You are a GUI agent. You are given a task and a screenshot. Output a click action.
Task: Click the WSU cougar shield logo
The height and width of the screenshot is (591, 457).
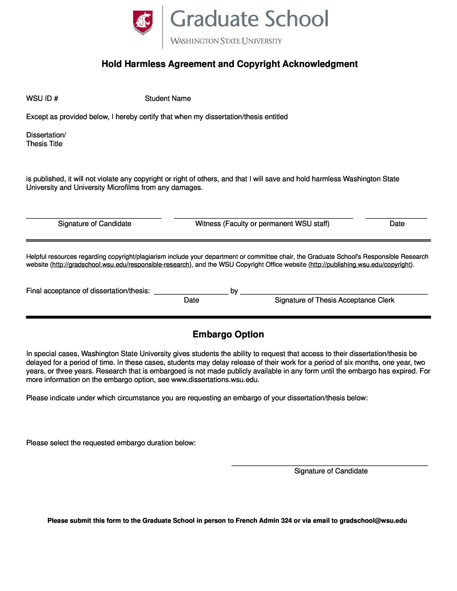[x=143, y=22]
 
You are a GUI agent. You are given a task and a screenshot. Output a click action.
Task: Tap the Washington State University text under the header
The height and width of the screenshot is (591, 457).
[x=226, y=41]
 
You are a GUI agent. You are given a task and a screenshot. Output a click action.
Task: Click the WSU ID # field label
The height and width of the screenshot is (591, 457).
[x=42, y=98]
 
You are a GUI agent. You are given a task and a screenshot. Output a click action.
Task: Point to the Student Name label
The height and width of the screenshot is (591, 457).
[x=167, y=98]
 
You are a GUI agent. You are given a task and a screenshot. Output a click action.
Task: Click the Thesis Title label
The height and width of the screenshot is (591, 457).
[x=44, y=144]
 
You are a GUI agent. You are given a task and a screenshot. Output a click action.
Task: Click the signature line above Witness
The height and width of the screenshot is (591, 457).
[x=263, y=218]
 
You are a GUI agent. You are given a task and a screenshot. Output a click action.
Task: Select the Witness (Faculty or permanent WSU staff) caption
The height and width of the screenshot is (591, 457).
[x=262, y=224]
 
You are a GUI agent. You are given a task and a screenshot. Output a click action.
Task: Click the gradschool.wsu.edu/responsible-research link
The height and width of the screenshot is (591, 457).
[x=120, y=265]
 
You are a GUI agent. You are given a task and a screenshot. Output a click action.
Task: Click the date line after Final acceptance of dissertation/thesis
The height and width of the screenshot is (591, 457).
[x=191, y=294]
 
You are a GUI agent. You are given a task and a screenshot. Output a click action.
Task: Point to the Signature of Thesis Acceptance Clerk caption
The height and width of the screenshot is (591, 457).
[x=334, y=300]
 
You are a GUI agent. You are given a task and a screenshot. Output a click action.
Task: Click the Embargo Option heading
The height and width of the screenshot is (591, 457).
[x=228, y=335]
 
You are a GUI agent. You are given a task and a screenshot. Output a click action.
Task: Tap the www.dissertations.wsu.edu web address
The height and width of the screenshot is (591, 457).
[x=215, y=380]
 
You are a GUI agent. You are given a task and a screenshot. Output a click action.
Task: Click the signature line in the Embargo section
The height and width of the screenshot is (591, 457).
[x=330, y=465]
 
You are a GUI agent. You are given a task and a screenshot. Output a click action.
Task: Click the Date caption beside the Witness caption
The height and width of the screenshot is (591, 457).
[x=397, y=224]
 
